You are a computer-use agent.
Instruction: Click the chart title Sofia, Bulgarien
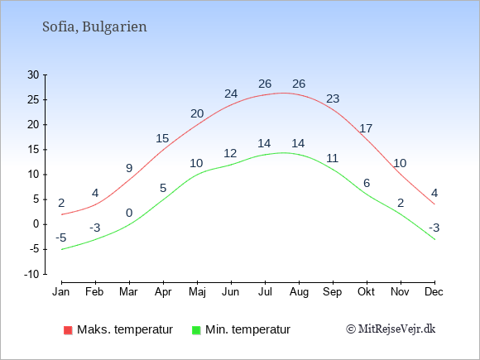coord(94,26)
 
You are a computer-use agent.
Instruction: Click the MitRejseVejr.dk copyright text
coord(391,329)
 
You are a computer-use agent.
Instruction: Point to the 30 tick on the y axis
coord(33,74)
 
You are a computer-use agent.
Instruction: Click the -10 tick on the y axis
coord(31,274)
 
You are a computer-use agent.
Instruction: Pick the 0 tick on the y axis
coord(36,224)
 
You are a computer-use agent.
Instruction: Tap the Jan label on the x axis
coord(61,291)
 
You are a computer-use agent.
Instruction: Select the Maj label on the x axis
coord(197,291)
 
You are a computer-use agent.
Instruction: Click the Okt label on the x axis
coord(367,291)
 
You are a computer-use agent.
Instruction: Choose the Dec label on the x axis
coord(434,291)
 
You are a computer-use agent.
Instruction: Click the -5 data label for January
coord(60,238)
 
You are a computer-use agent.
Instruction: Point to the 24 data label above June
coord(231,94)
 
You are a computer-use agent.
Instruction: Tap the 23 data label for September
coord(333,98)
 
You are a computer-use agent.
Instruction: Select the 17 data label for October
coord(366,128)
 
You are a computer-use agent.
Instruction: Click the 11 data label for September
coord(333,158)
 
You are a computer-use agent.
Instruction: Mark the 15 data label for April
coord(163,138)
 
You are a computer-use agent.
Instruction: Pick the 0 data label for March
coord(129,213)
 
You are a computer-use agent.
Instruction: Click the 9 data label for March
coord(129,168)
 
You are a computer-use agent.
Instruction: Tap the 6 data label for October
coord(367,183)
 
